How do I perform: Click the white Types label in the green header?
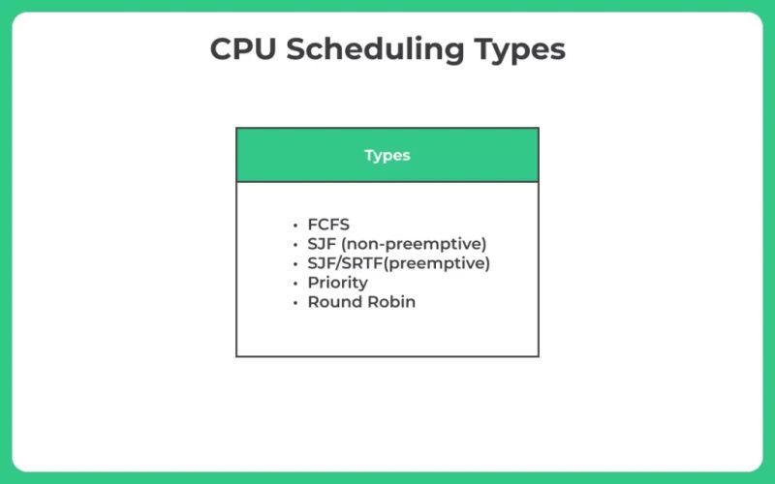(387, 155)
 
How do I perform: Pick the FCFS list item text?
(328, 225)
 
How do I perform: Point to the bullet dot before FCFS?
(294, 225)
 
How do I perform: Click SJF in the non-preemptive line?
(322, 244)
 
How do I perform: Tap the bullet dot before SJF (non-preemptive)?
(294, 244)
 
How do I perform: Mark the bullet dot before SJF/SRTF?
(294, 263)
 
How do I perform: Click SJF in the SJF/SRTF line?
(321, 263)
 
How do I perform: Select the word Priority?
(337, 283)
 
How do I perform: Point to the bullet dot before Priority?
(294, 283)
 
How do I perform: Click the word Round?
(332, 302)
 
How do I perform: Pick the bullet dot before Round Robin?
(294, 302)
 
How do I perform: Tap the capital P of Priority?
(313, 283)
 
